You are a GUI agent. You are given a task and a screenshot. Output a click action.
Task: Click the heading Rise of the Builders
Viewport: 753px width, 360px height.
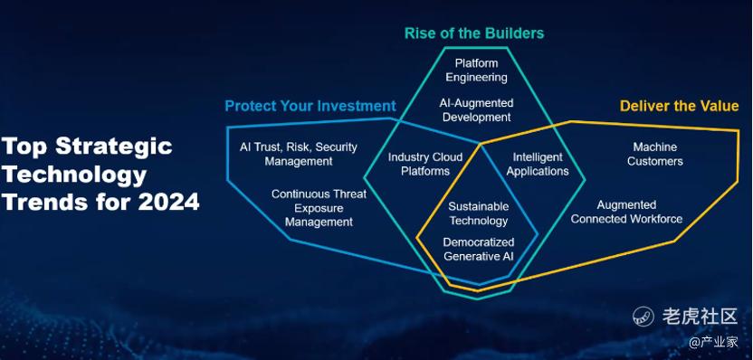tap(474, 33)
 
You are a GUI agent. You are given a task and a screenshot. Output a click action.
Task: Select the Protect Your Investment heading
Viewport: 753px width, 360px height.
tap(310, 106)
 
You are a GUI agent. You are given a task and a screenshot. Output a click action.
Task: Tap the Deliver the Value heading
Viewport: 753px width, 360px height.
tap(679, 106)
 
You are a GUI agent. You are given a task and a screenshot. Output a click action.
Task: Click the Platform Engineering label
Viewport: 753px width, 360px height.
tap(476, 70)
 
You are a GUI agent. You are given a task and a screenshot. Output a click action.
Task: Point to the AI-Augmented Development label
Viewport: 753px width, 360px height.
tap(476, 110)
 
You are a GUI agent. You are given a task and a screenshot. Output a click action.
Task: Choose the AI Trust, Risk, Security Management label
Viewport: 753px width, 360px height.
tap(299, 154)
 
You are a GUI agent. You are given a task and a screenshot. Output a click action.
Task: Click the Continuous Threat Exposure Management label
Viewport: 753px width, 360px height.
tap(319, 208)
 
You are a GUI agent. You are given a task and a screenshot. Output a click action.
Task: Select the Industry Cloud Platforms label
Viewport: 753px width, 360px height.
tap(425, 164)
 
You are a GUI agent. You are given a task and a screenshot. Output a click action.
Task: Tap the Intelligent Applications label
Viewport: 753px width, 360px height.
tap(538, 164)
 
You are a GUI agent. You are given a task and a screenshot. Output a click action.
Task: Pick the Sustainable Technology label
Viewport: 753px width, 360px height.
tap(478, 213)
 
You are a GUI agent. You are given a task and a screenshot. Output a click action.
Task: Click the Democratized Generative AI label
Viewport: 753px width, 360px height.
tap(478, 249)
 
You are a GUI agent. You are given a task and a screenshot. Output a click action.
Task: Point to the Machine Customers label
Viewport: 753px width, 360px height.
tap(655, 154)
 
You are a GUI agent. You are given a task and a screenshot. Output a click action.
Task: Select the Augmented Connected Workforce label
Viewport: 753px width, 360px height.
tap(626, 213)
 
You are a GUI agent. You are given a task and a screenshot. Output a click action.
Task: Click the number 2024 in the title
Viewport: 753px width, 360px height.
tap(168, 202)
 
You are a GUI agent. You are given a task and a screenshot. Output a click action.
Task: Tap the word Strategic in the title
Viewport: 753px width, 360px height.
tap(114, 147)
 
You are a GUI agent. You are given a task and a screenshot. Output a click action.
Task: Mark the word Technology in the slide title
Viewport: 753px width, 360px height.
tap(74, 175)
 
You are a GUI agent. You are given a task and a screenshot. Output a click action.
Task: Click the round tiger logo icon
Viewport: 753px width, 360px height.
tap(643, 317)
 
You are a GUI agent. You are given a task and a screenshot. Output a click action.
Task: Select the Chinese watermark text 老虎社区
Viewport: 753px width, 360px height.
tap(700, 317)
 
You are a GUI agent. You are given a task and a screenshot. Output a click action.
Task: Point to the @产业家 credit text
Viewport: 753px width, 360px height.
tap(713, 342)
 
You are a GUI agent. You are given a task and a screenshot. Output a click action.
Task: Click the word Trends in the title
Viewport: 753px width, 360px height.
tap(45, 202)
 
